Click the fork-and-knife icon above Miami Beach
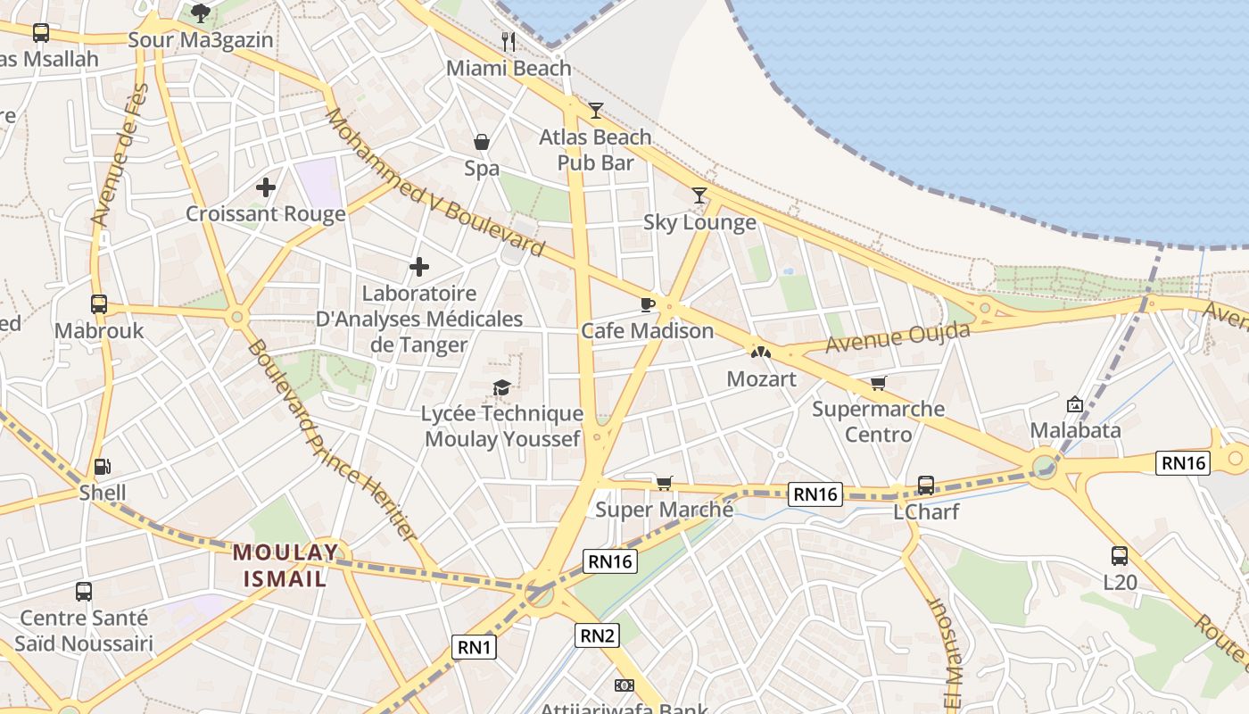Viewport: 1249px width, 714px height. [x=509, y=41]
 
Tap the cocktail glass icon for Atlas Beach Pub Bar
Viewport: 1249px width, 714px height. [x=596, y=111]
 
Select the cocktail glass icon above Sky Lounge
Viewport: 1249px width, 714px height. [x=699, y=195]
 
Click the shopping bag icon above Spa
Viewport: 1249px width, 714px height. [x=481, y=142]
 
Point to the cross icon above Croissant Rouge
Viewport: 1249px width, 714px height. [x=265, y=187]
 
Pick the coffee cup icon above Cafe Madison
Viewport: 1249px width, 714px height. [x=648, y=304]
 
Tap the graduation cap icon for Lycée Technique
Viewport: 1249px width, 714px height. [x=501, y=387]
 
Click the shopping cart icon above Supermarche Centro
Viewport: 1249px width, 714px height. [x=879, y=383]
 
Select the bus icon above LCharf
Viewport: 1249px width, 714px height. [x=926, y=486]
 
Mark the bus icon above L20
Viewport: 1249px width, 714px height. [x=1120, y=556]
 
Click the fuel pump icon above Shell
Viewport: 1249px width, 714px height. [x=103, y=466]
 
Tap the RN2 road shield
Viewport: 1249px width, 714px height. [x=597, y=635]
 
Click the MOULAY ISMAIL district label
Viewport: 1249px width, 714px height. [x=285, y=565]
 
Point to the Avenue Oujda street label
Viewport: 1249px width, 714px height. [x=897, y=337]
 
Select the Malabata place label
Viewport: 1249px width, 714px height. [x=1075, y=430]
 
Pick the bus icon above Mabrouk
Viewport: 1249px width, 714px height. [x=99, y=304]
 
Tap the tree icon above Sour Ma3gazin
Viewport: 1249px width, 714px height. [x=200, y=12]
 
